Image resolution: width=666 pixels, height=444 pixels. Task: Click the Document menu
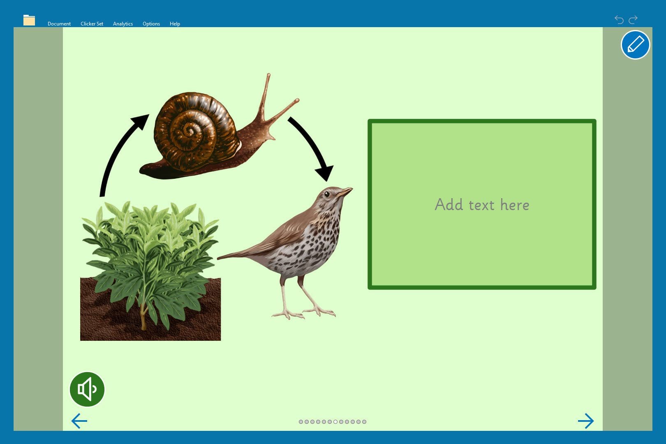(59, 24)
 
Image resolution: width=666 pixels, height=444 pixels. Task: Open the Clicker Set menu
(92, 24)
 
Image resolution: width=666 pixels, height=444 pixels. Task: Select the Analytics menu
(123, 24)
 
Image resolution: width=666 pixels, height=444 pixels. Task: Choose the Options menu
(151, 24)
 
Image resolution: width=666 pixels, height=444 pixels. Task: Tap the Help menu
(175, 24)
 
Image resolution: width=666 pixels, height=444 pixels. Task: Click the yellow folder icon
(29, 20)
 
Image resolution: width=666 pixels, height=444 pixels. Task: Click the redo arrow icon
(633, 20)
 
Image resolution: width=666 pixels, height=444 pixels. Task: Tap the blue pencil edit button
(636, 45)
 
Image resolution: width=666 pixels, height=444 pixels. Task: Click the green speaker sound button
(87, 389)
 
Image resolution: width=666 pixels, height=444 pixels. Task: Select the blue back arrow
(79, 421)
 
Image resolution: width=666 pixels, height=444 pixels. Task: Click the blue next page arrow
(586, 421)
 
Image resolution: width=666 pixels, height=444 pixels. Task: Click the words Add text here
(482, 205)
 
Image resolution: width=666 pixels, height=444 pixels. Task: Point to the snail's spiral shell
(193, 131)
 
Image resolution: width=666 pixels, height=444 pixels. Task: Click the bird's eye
(327, 194)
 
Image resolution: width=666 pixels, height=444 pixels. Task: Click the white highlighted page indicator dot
(335, 422)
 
